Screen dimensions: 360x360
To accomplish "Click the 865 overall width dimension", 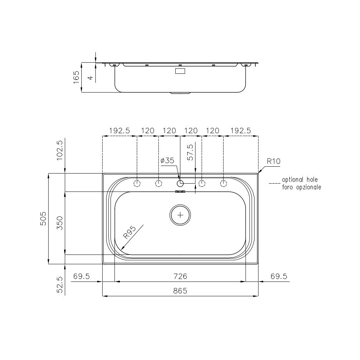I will pos(180,291).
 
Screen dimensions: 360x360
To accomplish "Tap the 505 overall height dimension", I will pos(43,219).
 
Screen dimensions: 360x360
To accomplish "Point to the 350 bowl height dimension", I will pos(60,223).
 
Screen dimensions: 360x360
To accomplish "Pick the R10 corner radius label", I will pos(273,161).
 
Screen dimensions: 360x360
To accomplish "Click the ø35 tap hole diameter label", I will pos(167,161).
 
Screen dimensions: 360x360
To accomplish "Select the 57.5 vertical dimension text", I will pos(190,152).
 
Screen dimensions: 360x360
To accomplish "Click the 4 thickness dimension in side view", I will pos(91,77).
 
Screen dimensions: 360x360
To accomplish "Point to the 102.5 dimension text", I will pos(60,149).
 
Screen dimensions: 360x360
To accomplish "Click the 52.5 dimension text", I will pos(60,284).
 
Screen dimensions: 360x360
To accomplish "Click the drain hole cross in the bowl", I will pos(180,215).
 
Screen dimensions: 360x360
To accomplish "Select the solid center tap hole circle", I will pos(180,184).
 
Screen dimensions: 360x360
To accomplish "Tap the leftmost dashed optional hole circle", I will pos(137,184).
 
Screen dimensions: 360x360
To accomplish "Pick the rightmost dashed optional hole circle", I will pos(224,184).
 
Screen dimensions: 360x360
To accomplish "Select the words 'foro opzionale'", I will pos(301,187).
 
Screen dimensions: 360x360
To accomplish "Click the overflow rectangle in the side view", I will pos(180,71).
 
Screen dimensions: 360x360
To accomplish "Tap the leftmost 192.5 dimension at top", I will pos(120,131).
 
